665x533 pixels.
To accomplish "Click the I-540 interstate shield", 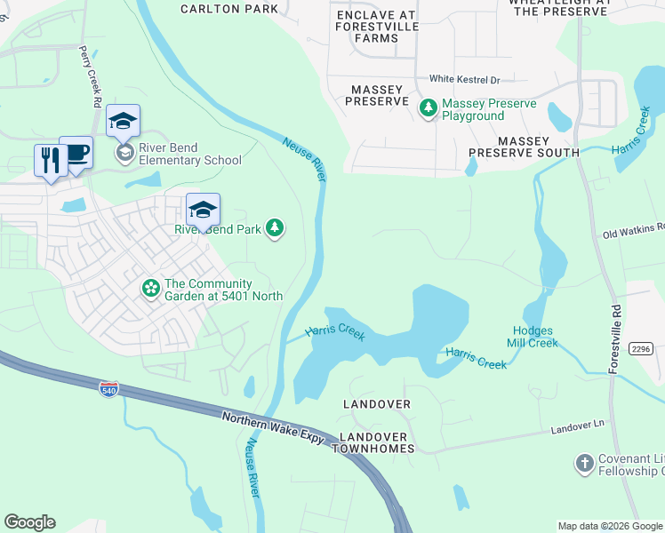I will [108, 389].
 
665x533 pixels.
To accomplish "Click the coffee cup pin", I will [76, 153].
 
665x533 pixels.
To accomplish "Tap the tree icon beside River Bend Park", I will [276, 228].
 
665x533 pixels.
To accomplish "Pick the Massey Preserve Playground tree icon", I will [429, 108].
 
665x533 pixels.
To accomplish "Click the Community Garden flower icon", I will [151, 289].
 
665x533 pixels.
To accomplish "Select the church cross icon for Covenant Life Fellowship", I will [584, 464].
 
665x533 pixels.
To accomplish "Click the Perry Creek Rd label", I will [92, 77].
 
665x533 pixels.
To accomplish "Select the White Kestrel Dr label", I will [465, 79].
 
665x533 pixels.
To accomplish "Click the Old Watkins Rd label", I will [633, 234].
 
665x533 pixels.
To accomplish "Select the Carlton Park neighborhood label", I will [228, 9].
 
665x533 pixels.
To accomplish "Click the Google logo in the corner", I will [29, 522].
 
